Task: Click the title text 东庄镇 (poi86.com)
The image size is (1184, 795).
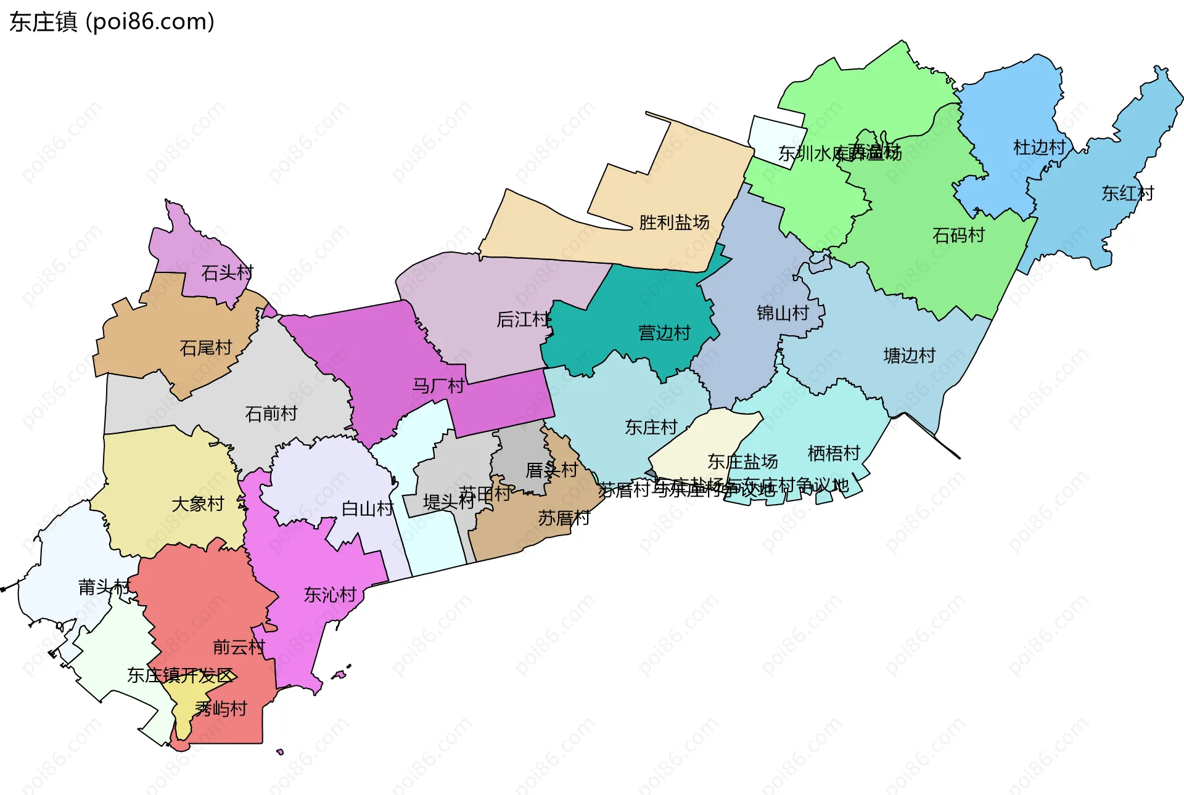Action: pos(112,22)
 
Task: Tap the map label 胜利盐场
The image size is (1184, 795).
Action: pos(674,222)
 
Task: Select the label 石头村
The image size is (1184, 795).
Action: pos(227,272)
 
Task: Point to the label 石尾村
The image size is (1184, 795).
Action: pos(205,348)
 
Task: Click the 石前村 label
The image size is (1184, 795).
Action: pos(271,414)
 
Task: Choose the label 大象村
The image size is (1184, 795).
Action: pos(197,504)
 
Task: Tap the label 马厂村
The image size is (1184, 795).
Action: pos(438,386)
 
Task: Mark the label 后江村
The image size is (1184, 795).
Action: pos(522,319)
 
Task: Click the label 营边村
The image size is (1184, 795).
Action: pos(664,333)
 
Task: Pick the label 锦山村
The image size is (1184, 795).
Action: pos(783,313)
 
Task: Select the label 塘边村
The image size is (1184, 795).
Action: pos(910,356)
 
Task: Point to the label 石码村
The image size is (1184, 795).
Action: pos(958,235)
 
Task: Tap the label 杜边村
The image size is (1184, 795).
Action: pos(1039,147)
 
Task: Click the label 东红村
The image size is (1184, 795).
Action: pos(1127,194)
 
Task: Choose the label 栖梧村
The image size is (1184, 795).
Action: pos(834,454)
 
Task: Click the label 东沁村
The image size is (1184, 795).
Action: pos(330,595)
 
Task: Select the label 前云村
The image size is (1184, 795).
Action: pos(239,647)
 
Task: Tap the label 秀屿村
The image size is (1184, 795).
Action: pos(221,709)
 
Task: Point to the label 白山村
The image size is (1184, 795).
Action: pos(368,509)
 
